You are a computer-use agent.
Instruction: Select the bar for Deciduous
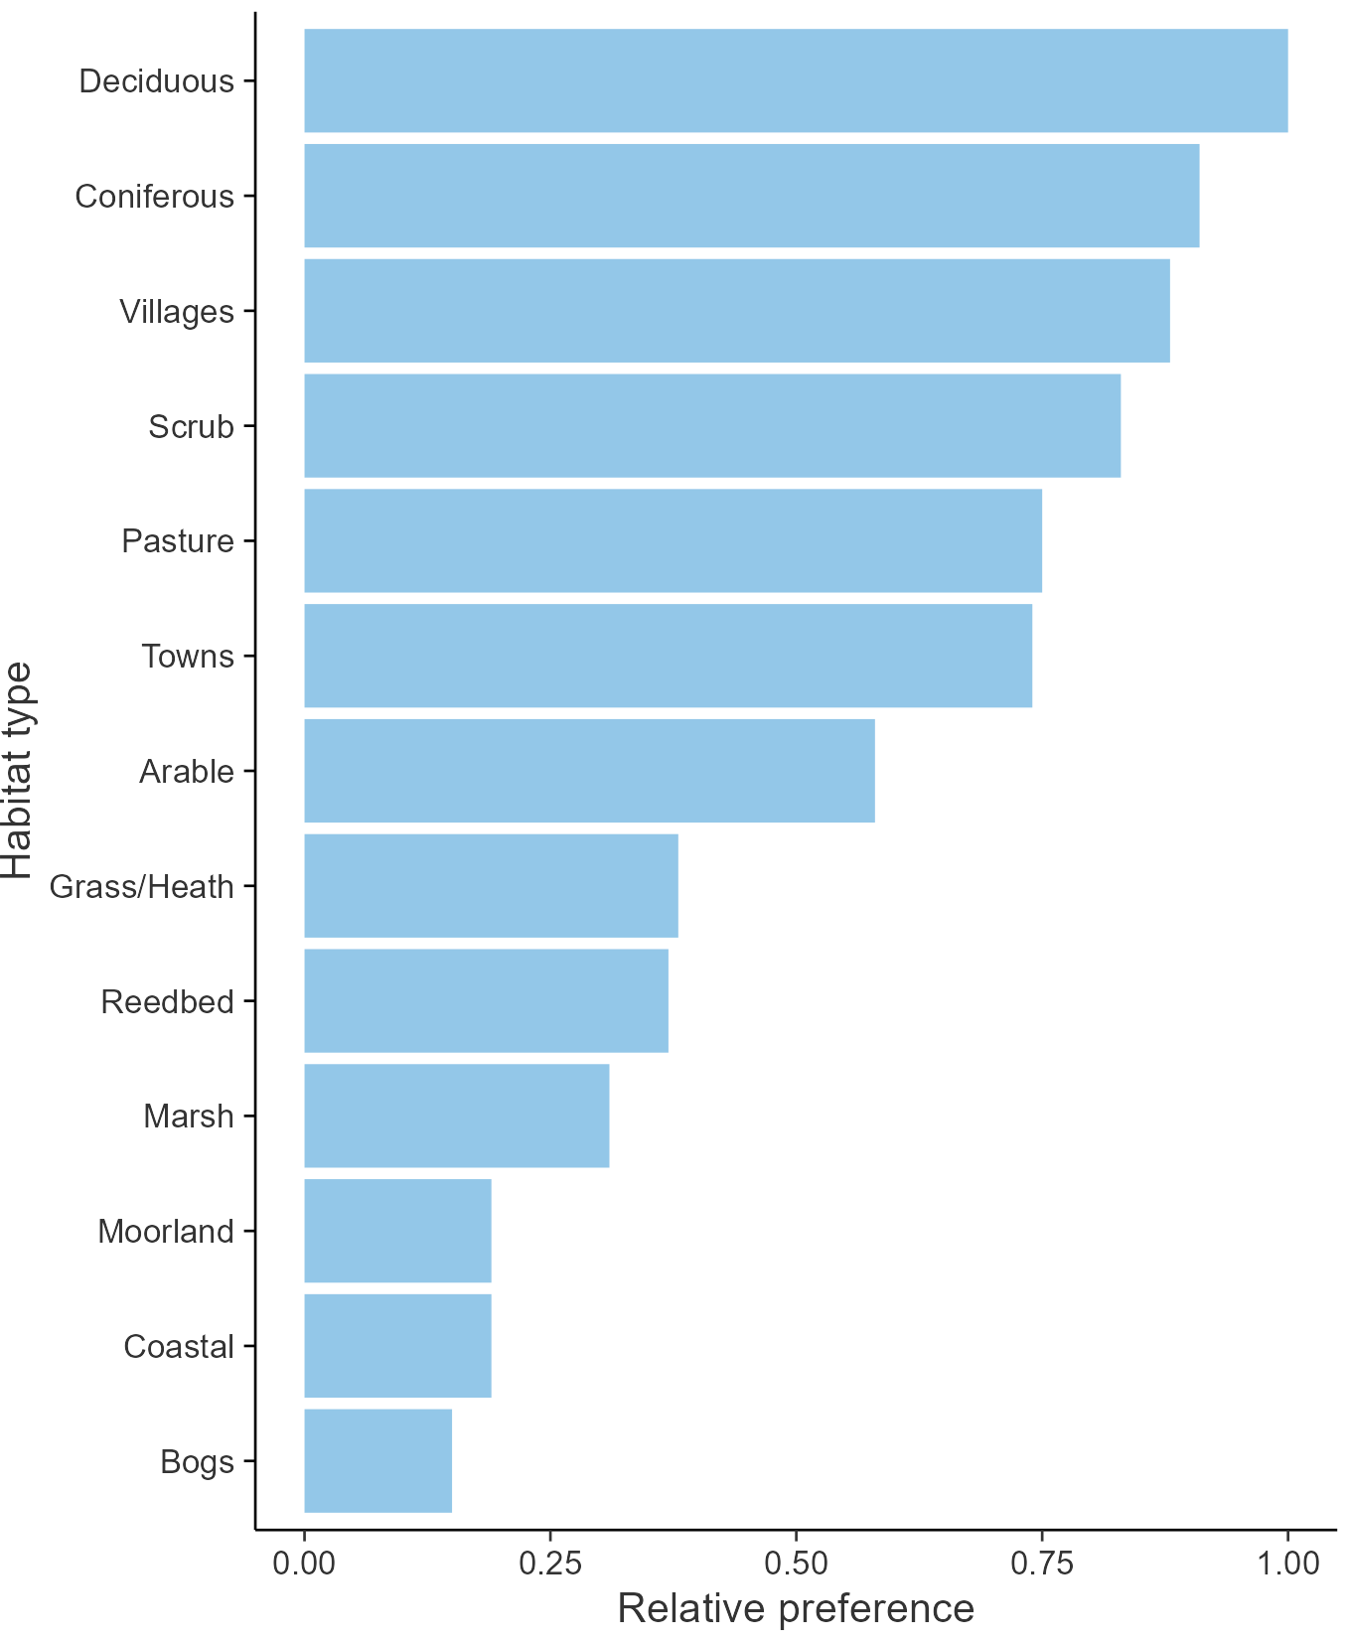795,80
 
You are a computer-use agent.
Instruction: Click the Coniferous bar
751,196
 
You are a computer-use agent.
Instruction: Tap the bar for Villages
736,311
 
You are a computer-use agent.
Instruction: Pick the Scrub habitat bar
712,425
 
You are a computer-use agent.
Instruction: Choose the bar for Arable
589,771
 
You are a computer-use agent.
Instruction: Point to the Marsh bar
456,1116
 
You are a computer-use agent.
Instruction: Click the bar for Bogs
377,1460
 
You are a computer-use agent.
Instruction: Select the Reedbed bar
486,1000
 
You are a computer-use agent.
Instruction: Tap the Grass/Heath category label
141,886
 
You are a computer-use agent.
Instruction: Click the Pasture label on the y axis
177,541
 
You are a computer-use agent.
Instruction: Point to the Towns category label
187,657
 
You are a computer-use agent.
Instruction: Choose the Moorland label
165,1232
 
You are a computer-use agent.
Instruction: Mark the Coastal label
178,1347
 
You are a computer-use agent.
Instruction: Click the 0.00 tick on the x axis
304,1564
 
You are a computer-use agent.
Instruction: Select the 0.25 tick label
549,1564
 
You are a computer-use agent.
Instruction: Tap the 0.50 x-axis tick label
796,1564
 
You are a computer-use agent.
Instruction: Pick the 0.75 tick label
1042,1564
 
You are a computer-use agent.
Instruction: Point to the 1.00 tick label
1287,1564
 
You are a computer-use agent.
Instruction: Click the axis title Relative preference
796,1608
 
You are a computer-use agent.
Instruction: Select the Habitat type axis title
18,771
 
